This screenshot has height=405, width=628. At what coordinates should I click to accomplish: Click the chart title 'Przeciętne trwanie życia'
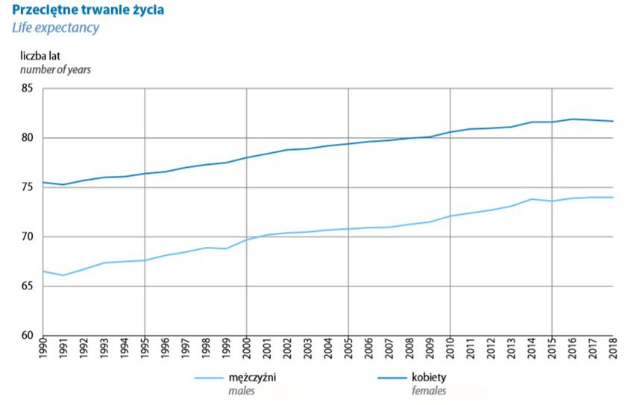pyautogui.click(x=88, y=10)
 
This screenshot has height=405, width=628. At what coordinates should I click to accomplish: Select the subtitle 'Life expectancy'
pyautogui.click(x=55, y=28)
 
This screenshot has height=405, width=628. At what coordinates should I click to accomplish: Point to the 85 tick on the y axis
pyautogui.click(x=28, y=89)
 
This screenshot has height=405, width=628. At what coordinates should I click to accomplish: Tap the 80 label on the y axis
pyautogui.click(x=28, y=138)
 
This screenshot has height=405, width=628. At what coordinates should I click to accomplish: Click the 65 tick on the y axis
pyautogui.click(x=28, y=286)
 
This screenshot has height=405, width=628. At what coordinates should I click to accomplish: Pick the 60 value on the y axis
pyautogui.click(x=28, y=336)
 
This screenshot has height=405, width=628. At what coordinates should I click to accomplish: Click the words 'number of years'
pyautogui.click(x=55, y=69)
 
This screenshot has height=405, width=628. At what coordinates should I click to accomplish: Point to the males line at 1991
pyautogui.click(x=63, y=275)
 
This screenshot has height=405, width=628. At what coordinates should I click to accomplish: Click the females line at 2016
pyautogui.click(x=572, y=119)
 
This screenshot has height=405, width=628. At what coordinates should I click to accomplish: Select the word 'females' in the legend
pyautogui.click(x=430, y=390)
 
